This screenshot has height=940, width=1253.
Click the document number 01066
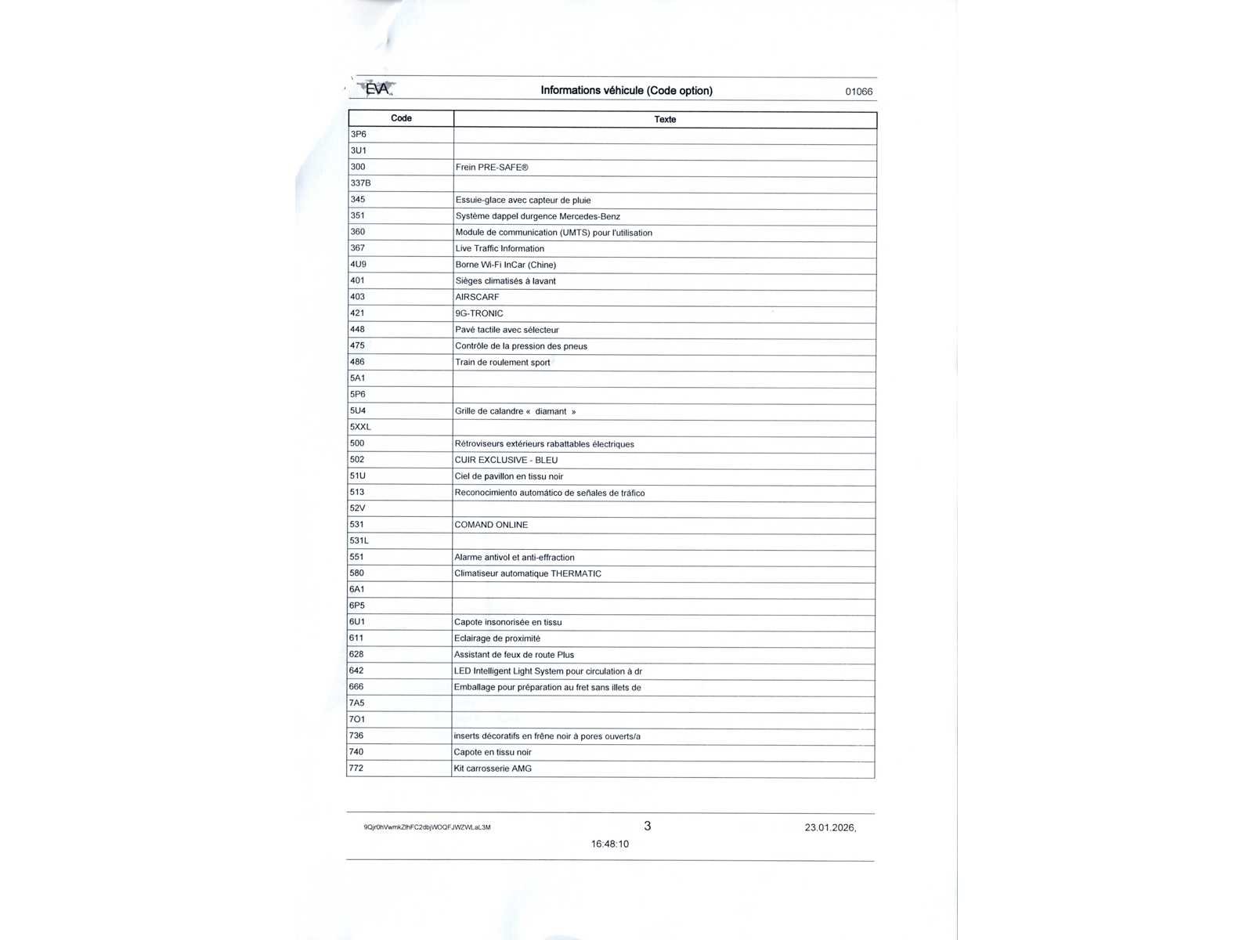coord(858,92)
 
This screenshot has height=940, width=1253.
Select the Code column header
coord(401,118)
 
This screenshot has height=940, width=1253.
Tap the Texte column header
coord(665,119)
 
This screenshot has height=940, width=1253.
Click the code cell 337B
coord(360,183)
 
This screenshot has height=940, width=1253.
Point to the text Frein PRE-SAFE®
coord(492,167)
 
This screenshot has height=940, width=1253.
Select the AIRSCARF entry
coord(477,297)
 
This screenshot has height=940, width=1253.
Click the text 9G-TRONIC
coord(479,313)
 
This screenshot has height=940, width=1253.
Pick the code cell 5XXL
coord(360,427)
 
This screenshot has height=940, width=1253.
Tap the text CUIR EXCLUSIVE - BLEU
coord(506,460)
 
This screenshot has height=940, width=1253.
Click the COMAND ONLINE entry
coord(491,525)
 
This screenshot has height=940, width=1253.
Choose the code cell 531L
coord(359,540)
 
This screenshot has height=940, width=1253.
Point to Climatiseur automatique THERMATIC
coord(528,573)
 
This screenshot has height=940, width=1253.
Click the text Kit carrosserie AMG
coord(493,768)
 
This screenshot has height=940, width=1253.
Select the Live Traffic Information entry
coord(500,248)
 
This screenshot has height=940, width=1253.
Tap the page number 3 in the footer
coord(647,826)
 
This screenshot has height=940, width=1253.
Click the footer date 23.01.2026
coord(829,827)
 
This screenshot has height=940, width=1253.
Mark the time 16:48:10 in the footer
coord(609,844)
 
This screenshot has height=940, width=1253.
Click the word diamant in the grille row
coord(551,411)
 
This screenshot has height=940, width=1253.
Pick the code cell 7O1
coord(357,719)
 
